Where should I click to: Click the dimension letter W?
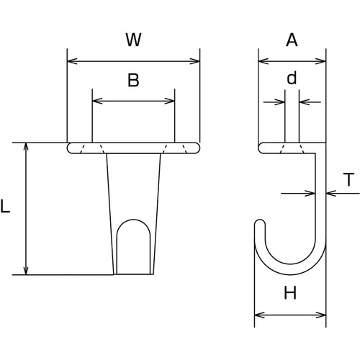tap(132, 40)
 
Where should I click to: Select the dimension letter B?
tap(133, 81)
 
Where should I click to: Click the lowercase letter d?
tap(292, 77)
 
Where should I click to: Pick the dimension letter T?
tap(348, 181)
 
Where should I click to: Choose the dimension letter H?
tap(292, 293)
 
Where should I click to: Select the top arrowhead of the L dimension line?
tap(27, 147)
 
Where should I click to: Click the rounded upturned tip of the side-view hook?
tap(259, 225)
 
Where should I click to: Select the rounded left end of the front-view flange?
tap(70, 148)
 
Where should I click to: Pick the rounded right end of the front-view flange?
tap(197, 148)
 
